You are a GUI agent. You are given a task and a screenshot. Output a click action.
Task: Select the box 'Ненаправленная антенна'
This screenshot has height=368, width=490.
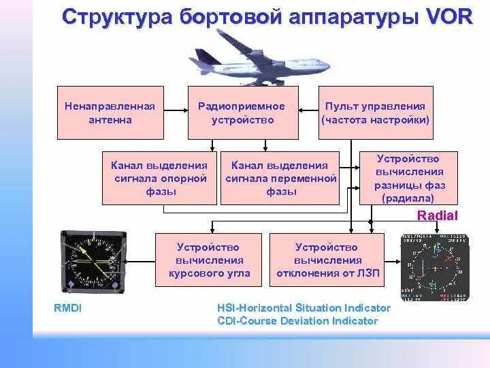(x=110, y=112)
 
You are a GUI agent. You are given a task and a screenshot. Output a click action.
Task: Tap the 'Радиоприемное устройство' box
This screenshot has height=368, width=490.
(x=242, y=112)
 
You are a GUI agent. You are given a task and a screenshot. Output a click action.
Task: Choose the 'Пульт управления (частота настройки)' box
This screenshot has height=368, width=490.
(x=376, y=112)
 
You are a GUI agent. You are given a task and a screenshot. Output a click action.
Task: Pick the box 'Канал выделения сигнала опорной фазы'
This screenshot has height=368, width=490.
(x=160, y=177)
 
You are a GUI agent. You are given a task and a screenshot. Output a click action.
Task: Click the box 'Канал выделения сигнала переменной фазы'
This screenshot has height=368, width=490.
(x=280, y=177)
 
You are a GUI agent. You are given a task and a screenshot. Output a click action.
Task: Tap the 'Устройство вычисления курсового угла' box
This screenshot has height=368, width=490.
(x=210, y=260)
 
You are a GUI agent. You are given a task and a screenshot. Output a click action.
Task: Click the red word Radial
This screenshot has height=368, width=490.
(x=437, y=215)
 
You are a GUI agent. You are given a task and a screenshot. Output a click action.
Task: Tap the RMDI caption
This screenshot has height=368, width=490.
(x=67, y=307)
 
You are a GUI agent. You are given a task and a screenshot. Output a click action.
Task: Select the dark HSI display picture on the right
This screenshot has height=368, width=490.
(x=435, y=268)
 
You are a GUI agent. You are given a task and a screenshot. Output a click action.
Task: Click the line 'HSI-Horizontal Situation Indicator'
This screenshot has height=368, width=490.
(x=304, y=308)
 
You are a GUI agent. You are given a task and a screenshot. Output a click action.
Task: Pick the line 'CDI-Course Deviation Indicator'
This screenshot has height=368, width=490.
(x=297, y=320)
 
